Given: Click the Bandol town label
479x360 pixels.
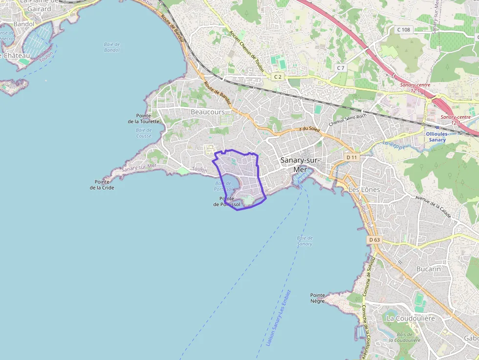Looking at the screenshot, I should click(x=24, y=23).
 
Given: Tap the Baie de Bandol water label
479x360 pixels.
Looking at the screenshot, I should click(x=112, y=47).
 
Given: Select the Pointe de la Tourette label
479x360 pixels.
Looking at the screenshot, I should click(x=144, y=118).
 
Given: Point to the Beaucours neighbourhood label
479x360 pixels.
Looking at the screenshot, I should click(x=208, y=112).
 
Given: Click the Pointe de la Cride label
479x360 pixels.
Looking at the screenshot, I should click(x=102, y=184).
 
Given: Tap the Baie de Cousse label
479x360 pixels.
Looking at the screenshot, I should click(x=144, y=133).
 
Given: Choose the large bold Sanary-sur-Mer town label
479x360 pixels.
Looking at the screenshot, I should click(x=300, y=164).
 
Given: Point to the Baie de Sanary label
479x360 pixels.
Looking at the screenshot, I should click(x=305, y=241).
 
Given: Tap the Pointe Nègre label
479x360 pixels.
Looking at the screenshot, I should click(x=318, y=298).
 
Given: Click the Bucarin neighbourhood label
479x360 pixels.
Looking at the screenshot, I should click(x=429, y=269).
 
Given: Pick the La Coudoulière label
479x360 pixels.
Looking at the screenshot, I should click(x=411, y=318).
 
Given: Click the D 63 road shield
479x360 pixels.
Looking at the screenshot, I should click(x=374, y=239).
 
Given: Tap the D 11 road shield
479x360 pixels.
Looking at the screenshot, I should click(x=351, y=157).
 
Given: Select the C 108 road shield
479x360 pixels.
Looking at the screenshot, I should click(x=403, y=30).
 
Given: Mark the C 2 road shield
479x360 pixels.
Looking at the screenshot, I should click(x=278, y=77).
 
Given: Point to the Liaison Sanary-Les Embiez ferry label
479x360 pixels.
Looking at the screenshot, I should click(x=279, y=318).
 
